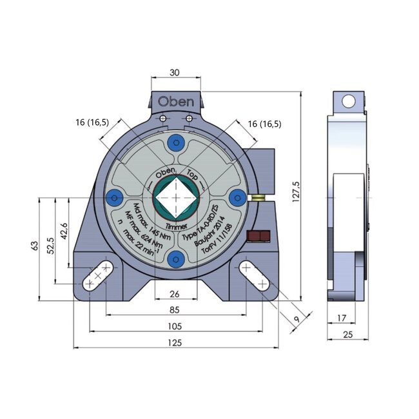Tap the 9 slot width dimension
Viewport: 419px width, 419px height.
[296, 318]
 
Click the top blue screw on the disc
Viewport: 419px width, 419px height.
[175, 143]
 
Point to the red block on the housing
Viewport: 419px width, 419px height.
[258, 237]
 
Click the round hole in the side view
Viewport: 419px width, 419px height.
[348, 101]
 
